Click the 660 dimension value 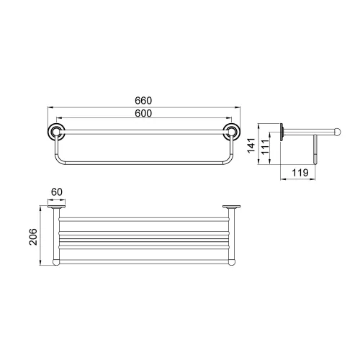(143, 101)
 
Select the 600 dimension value (143, 113)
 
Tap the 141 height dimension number (251, 145)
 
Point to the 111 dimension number (265, 147)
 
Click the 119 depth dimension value (300, 173)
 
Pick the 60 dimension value (57, 192)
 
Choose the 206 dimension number (33, 237)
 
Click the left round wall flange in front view (56, 132)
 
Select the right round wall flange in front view (232, 132)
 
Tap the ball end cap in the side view (338, 132)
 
